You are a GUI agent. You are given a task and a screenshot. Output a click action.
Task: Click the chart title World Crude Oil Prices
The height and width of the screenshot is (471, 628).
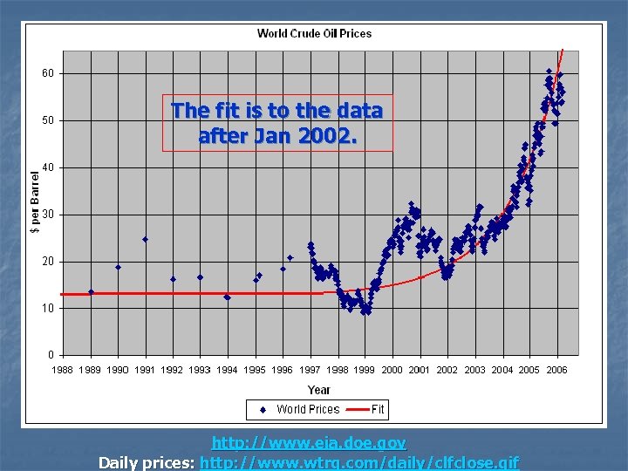pyautogui.click(x=314, y=34)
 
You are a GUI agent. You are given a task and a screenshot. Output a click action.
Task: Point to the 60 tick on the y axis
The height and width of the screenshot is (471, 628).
pyautogui.click(x=48, y=73)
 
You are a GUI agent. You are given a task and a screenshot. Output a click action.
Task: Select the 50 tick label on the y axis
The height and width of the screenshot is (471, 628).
pyautogui.click(x=48, y=120)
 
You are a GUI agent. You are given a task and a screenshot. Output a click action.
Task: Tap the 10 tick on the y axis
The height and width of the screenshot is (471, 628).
pyautogui.click(x=48, y=308)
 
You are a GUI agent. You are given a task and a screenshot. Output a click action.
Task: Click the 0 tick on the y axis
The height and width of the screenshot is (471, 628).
pyautogui.click(x=51, y=355)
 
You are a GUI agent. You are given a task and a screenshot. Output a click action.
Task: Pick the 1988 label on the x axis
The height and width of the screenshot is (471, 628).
pyautogui.click(x=63, y=370)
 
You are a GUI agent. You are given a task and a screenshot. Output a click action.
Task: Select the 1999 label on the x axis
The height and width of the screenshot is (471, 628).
pyautogui.click(x=365, y=370)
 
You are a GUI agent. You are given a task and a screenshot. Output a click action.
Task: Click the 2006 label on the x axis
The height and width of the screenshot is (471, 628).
pyautogui.click(x=556, y=370)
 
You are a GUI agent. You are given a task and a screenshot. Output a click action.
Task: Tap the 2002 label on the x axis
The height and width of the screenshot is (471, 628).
pyautogui.click(x=447, y=370)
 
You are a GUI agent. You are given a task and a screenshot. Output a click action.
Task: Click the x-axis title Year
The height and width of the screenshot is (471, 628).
pyautogui.click(x=319, y=390)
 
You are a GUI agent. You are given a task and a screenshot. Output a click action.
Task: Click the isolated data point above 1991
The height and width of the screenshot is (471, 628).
pyautogui.click(x=145, y=239)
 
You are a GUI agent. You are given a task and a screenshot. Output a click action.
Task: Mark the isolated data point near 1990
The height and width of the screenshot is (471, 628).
pyautogui.click(x=118, y=267)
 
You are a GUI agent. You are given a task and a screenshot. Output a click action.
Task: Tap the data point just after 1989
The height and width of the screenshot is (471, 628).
pyautogui.click(x=91, y=292)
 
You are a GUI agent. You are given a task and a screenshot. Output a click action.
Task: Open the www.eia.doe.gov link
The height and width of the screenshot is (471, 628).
pyautogui.click(x=309, y=444)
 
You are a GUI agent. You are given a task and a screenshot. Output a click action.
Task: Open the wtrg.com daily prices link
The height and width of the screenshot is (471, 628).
pyautogui.click(x=359, y=462)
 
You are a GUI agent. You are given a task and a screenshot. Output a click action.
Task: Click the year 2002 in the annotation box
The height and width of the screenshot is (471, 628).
pyautogui.click(x=330, y=136)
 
